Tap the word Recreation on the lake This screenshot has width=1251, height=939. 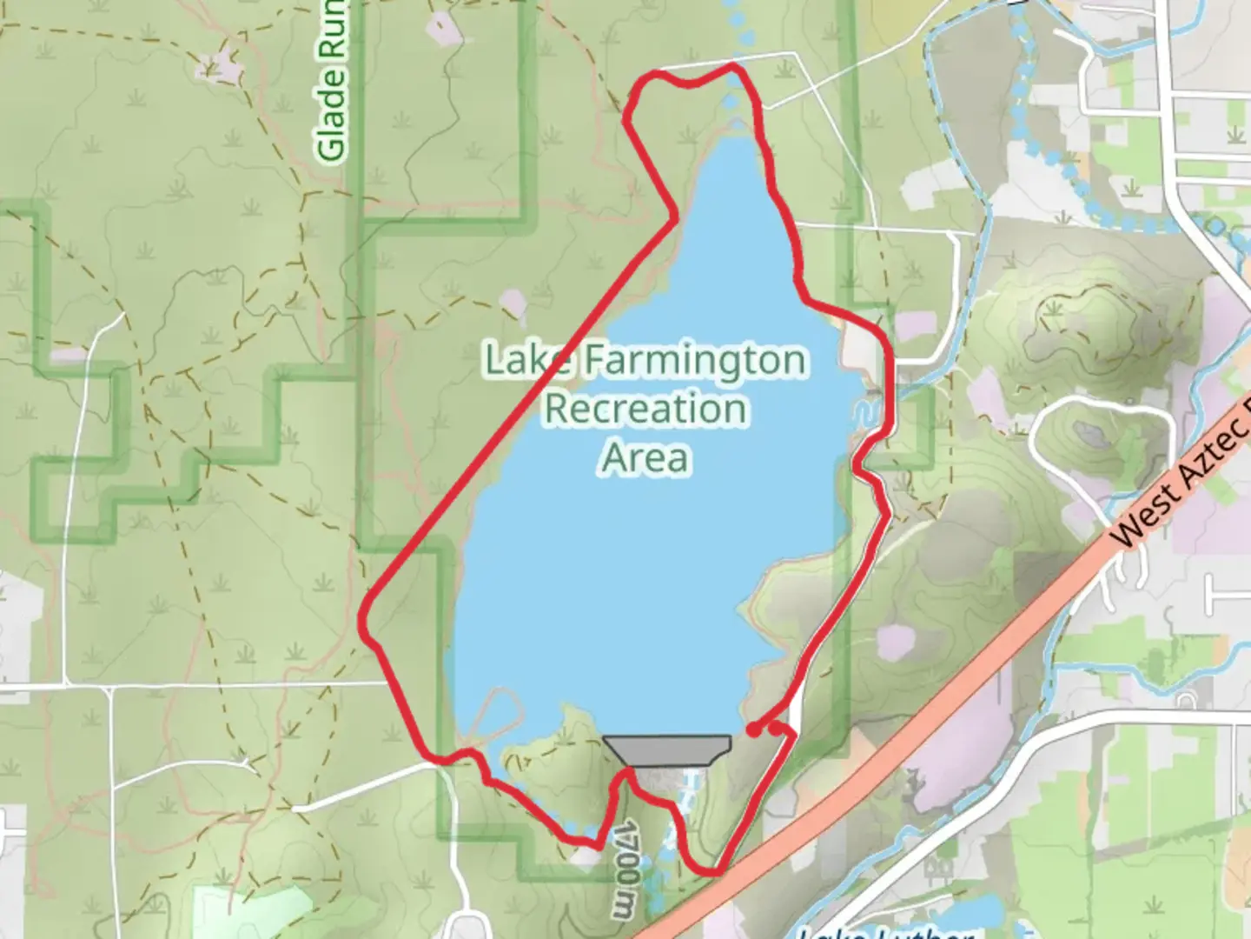point(645,408)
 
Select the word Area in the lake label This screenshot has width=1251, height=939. point(645,457)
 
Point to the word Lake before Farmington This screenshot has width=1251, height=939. point(527,359)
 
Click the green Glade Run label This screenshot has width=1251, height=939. point(332,83)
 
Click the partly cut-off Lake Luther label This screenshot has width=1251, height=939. point(886,932)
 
